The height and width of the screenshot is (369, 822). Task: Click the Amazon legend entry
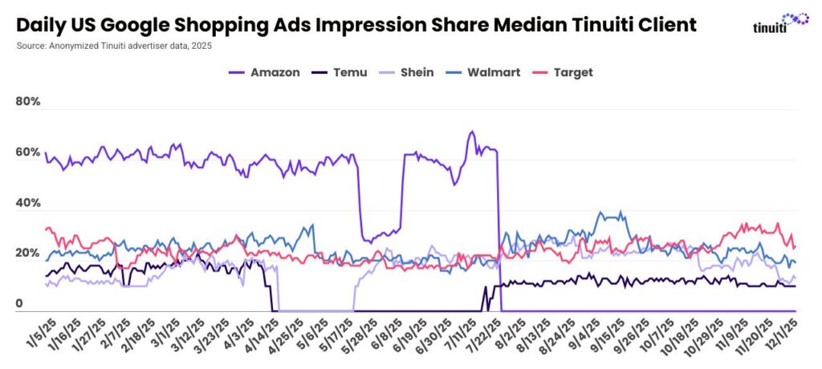point(265,72)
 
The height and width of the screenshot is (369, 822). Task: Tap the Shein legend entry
point(406,72)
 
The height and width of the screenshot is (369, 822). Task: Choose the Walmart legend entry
point(484,72)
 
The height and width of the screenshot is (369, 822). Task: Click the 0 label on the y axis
point(19,304)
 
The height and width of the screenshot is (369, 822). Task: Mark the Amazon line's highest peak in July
point(472,132)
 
